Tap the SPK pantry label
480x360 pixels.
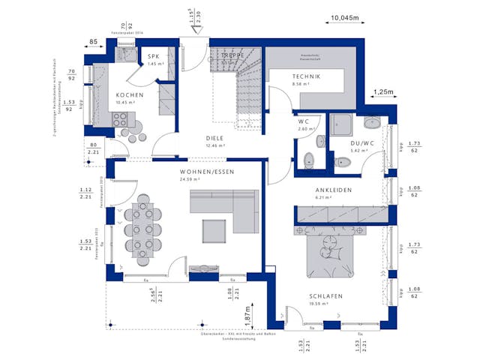pyautogui.click(x=154, y=57)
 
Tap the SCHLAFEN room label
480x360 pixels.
pyautogui.click(x=325, y=296)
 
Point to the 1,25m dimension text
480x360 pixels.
pyautogui.click(x=382, y=91)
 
